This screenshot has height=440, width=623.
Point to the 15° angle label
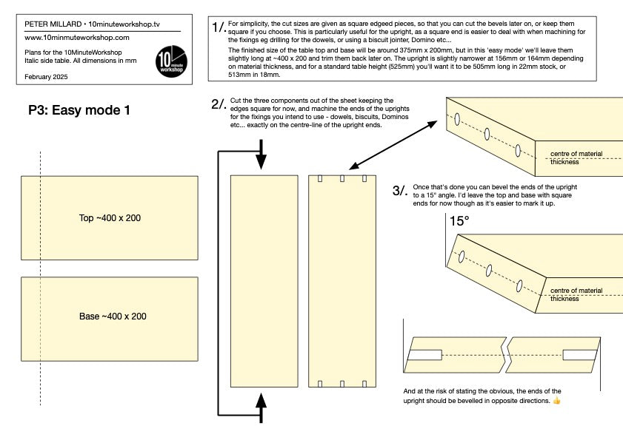(x=459, y=220)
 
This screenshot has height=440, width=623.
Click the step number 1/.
(x=219, y=28)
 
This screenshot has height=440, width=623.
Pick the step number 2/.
(x=219, y=104)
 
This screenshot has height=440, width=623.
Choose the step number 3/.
(x=400, y=191)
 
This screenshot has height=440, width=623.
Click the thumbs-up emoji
(x=556, y=400)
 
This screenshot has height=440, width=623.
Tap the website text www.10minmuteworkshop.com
(x=77, y=37)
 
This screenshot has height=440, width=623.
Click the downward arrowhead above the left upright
(x=261, y=164)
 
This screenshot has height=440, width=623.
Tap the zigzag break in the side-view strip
(x=507, y=355)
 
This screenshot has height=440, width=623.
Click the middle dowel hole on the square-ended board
(x=487, y=134)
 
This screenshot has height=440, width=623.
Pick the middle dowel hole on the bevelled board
(x=490, y=271)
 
